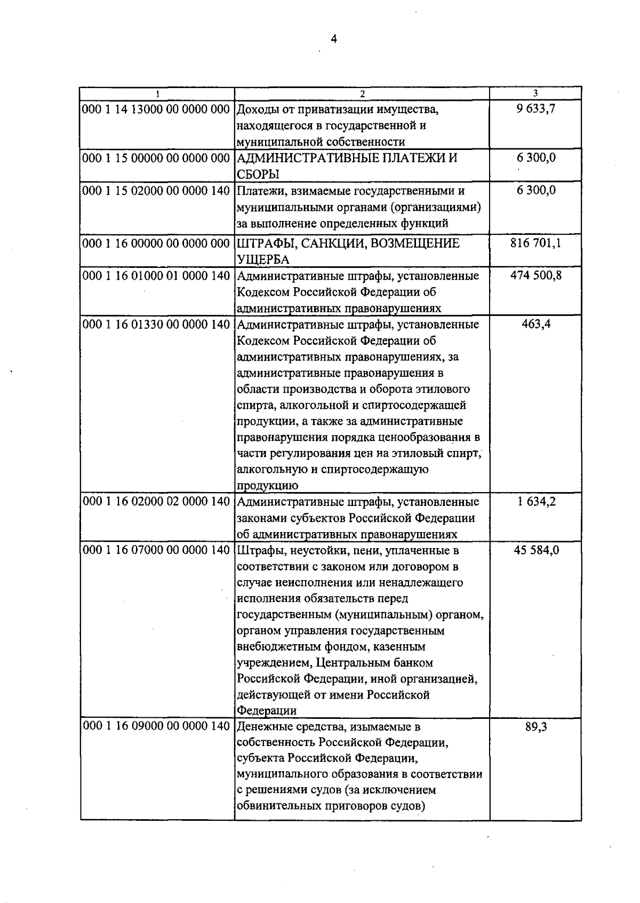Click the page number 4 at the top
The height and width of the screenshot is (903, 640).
coord(334,39)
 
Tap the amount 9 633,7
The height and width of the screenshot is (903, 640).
coord(536,109)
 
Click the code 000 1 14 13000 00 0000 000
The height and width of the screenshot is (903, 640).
coord(157,109)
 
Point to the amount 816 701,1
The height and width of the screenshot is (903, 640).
coord(536,244)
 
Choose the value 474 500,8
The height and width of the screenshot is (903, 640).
coord(536,276)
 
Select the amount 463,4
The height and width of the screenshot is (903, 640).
coord(536,324)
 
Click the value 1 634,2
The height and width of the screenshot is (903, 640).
coord(536,502)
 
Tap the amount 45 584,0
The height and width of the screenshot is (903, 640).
coord(536,550)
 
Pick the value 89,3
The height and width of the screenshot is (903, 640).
coord(536,727)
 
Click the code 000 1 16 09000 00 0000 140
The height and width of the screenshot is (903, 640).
coord(157,727)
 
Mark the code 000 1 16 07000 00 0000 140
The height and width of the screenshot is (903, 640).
coord(157,550)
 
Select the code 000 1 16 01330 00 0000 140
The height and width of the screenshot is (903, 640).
coord(157,324)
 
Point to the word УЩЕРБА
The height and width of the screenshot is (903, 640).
coord(263,260)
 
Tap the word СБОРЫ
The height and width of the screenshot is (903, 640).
coord(259,174)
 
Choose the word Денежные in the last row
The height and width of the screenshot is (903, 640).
coord(263,727)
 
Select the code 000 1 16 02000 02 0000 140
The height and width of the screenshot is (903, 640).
coord(157,502)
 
